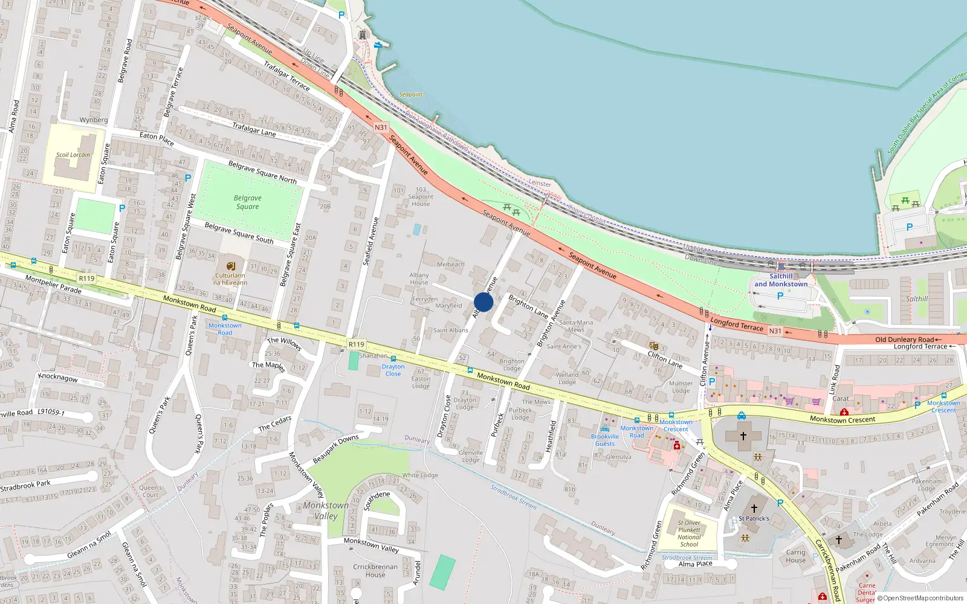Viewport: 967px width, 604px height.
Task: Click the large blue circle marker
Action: point(483,302)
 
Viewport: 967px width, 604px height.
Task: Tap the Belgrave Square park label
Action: point(248,202)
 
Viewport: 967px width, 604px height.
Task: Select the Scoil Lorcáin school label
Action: point(73,155)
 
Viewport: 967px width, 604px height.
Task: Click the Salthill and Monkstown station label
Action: point(781,280)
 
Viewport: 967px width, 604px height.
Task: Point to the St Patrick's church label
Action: point(754,518)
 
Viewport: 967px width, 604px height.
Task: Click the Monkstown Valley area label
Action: point(326,510)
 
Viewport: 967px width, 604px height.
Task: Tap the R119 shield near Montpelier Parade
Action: point(86,278)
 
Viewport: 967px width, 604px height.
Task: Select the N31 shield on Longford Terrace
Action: point(775,331)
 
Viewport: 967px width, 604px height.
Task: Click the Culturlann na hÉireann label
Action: point(230,279)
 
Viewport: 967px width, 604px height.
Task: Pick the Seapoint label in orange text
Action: point(411,95)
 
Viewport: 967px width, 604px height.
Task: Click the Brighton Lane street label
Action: point(528,306)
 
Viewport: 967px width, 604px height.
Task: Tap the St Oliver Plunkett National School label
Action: point(689,533)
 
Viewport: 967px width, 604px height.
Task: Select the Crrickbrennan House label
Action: point(375,571)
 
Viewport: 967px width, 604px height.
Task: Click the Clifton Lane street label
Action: point(665,360)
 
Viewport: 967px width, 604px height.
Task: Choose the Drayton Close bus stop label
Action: point(393,370)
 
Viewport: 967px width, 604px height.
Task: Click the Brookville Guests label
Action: point(605,440)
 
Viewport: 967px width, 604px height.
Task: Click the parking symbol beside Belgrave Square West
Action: point(187,178)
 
